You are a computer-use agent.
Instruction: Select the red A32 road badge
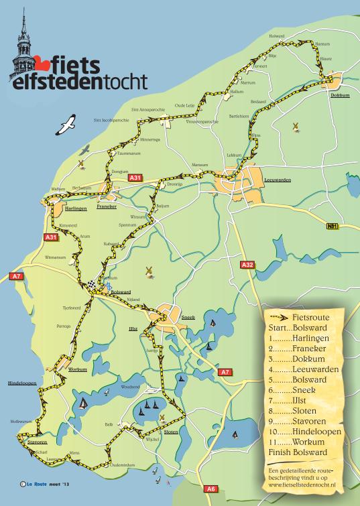247,265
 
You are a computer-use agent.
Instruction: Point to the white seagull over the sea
67,124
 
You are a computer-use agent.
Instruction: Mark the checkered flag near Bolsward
91,283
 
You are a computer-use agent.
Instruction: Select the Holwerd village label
277,36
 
